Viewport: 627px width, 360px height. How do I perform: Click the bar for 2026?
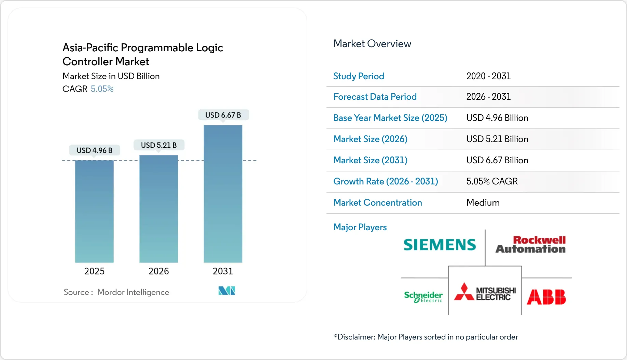tap(158, 209)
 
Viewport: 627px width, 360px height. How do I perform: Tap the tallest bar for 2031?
tap(223, 194)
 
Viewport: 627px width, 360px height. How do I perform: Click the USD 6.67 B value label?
tap(223, 115)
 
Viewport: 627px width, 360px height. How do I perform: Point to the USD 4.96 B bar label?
tap(94, 150)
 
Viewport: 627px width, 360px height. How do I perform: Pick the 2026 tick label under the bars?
tap(158, 271)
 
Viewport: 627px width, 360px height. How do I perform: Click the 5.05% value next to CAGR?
tap(102, 89)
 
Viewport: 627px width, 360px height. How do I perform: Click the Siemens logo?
tap(440, 245)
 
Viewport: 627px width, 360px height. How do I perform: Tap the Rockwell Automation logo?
tap(531, 245)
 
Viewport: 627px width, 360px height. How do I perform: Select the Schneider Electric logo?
tap(423, 296)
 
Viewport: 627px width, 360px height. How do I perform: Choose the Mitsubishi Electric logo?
tap(485, 293)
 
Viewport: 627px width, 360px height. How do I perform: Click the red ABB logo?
tap(546, 297)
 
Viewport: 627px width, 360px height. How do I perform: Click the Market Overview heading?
tap(372, 44)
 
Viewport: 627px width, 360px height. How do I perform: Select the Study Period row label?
tap(359, 76)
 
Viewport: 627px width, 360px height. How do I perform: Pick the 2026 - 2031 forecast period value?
tap(488, 97)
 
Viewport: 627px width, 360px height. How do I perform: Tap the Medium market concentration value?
tap(483, 203)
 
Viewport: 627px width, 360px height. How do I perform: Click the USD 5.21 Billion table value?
tap(497, 139)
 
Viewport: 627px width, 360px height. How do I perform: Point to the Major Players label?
tap(360, 227)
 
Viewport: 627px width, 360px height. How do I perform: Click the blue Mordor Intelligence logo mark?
tap(227, 291)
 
